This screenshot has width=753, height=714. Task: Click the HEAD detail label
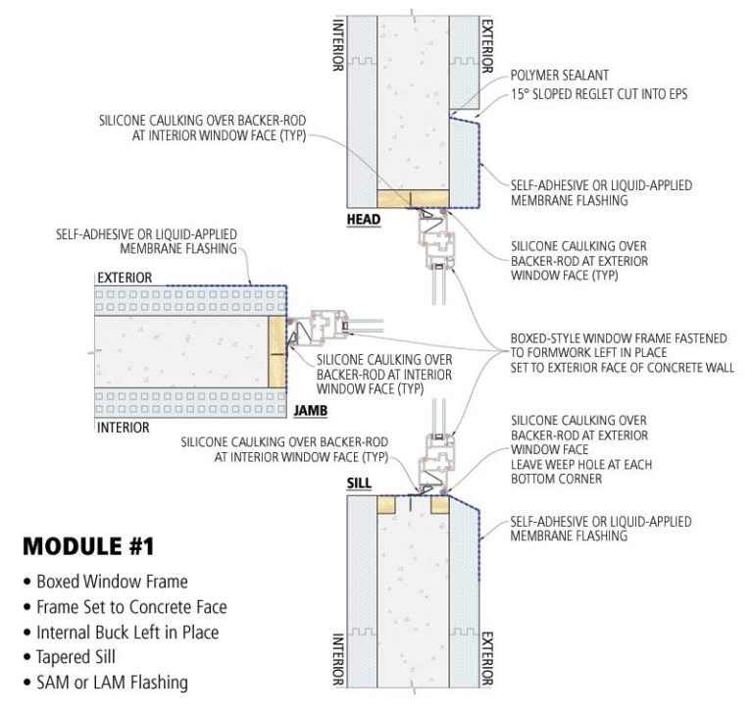[365, 219]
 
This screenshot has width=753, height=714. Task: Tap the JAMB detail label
[312, 411]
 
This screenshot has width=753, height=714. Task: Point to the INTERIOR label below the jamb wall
[122, 428]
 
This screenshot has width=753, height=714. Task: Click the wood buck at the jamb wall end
[276, 351]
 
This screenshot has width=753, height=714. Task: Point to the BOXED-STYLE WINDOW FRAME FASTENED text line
[619, 338]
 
